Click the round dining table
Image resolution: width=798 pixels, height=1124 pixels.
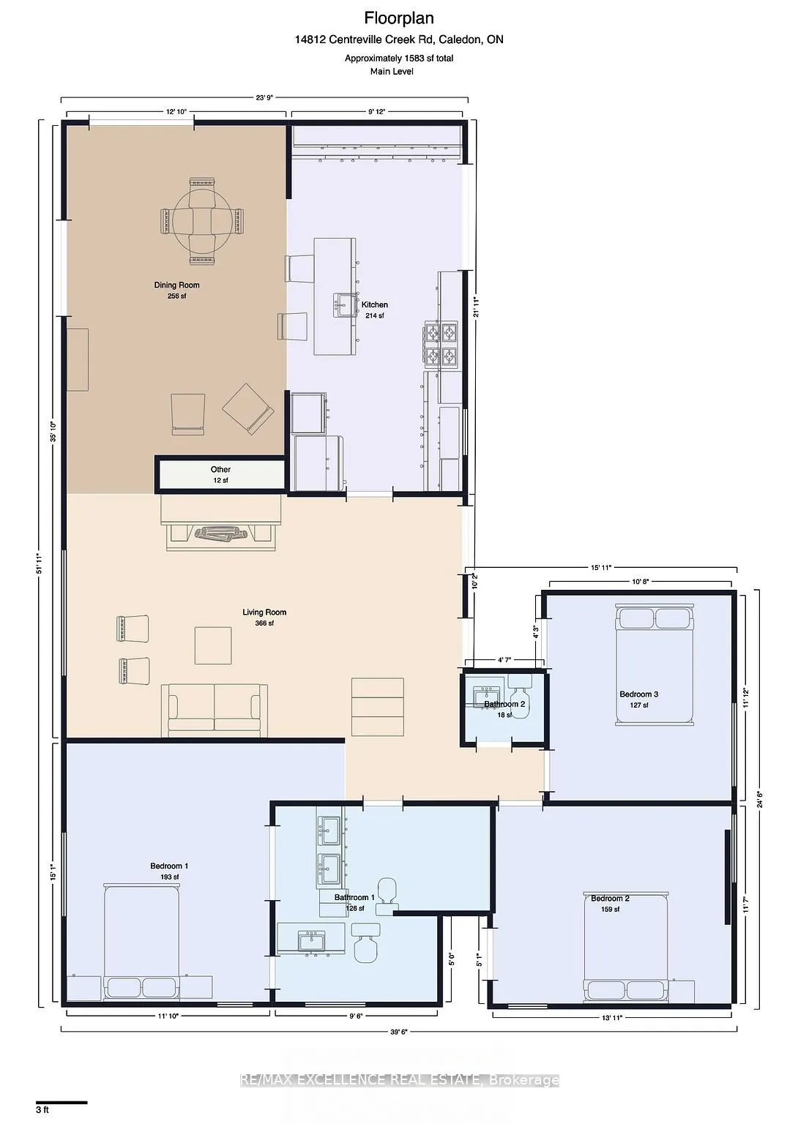pos(203,220)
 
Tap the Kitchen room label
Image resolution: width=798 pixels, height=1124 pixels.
pos(375,304)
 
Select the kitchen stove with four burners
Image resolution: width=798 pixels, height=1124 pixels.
pos(442,345)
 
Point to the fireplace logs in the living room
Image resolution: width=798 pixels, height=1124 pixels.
pos(223,535)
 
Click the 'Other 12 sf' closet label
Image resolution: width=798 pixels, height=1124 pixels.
pos(220,474)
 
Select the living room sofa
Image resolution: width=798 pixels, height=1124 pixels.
pos(214,710)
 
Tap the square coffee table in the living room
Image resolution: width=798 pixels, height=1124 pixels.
pos(213,645)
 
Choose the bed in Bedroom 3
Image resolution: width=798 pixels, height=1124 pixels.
pos(655,665)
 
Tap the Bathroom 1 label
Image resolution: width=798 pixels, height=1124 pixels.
pos(355,897)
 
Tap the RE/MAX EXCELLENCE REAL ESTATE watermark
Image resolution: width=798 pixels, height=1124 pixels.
pos(400,1080)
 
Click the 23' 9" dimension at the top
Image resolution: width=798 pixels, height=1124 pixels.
pos(264,97)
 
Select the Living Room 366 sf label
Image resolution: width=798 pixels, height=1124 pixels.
pos(264,617)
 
